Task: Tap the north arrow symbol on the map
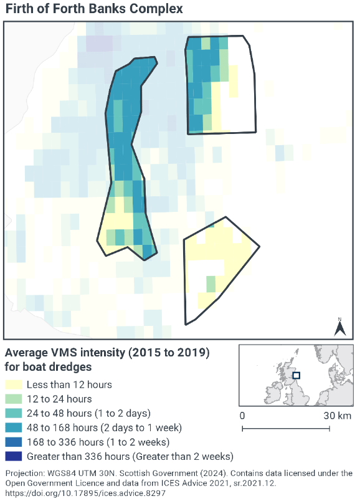pyautogui.click(x=340, y=328)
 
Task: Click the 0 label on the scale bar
pyautogui.click(x=242, y=416)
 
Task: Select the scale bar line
pyautogui.click(x=286, y=428)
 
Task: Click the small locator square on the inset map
pyautogui.click(x=296, y=375)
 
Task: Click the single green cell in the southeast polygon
pyautogui.click(x=211, y=284)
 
